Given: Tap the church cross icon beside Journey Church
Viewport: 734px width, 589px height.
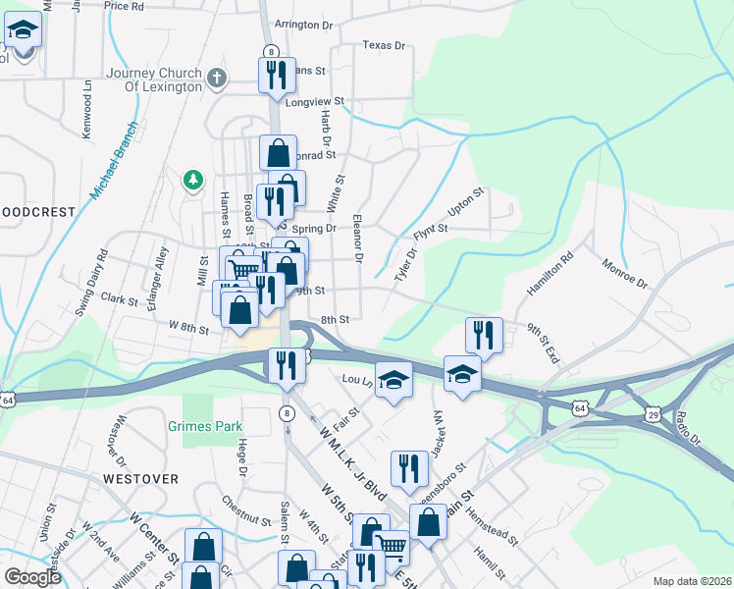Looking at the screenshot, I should tap(216, 76).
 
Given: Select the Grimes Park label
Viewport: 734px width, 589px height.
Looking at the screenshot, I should tap(205, 427).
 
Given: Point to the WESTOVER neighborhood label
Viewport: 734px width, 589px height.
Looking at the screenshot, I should tap(140, 479).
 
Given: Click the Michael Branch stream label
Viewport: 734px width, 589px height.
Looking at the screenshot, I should tap(113, 160).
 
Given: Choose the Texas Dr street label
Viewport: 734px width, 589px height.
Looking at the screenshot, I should tap(384, 45).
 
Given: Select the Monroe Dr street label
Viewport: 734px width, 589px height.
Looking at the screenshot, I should tap(625, 273).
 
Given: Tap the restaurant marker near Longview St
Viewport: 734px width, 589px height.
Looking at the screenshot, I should tap(276, 74).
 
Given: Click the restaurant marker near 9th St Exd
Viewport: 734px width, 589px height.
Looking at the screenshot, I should tap(483, 334).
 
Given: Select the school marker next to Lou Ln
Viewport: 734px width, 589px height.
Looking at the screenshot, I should tap(393, 379).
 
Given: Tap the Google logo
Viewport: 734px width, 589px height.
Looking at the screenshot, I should tap(32, 578).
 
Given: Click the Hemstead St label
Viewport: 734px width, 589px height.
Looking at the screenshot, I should tap(492, 511).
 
